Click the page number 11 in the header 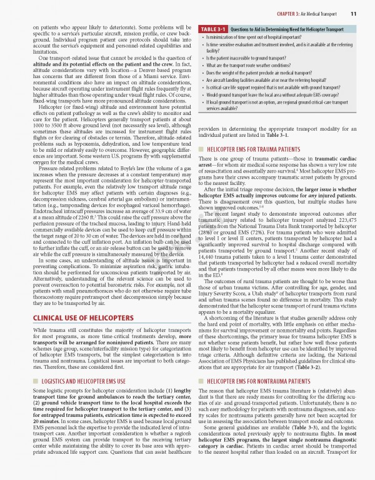click(x=353, y=14)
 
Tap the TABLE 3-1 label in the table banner click(x=213, y=29)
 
